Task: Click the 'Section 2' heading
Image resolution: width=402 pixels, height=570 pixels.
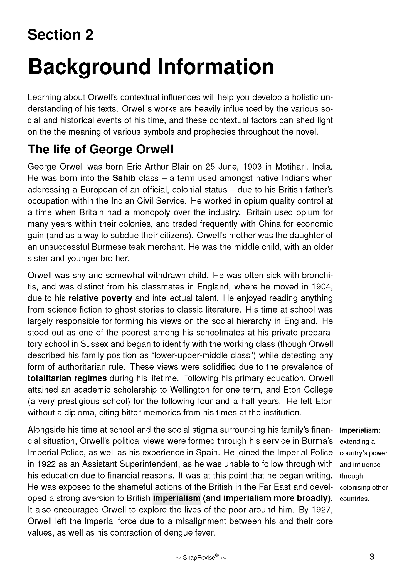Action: point(60,35)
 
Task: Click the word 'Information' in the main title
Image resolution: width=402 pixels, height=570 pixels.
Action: point(216,67)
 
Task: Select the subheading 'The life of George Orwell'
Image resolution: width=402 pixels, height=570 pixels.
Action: point(100,149)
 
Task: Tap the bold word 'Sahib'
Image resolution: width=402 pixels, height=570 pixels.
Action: point(124,178)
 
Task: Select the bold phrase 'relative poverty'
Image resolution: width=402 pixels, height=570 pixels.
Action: point(100,298)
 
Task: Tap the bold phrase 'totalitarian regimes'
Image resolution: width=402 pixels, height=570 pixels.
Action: point(67,378)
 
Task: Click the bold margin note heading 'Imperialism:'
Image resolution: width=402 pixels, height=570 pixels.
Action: point(360,430)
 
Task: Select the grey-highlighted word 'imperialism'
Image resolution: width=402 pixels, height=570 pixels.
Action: point(176,498)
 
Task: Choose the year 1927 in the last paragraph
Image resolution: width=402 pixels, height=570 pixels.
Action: point(322,510)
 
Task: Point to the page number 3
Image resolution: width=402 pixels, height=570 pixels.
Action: point(372,557)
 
